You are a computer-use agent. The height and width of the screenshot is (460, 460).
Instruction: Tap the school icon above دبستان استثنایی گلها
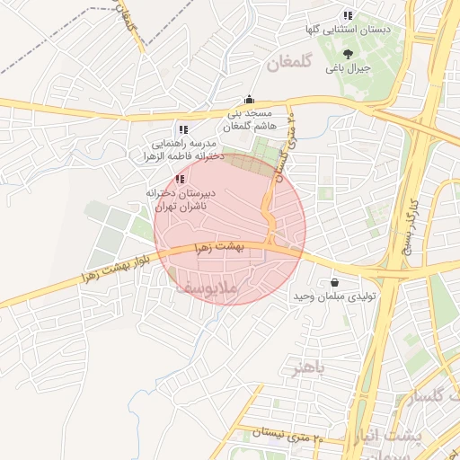pyautogui.click(x=348, y=15)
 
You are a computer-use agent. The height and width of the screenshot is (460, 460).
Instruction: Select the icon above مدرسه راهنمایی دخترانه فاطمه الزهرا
pyautogui.click(x=183, y=129)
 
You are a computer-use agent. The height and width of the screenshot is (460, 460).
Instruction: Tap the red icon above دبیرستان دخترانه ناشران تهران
pyautogui.click(x=180, y=179)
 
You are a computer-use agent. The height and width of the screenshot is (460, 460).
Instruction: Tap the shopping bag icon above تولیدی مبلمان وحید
pyautogui.click(x=335, y=282)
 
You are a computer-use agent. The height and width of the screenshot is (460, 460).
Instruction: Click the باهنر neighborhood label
pyautogui.click(x=305, y=367)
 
